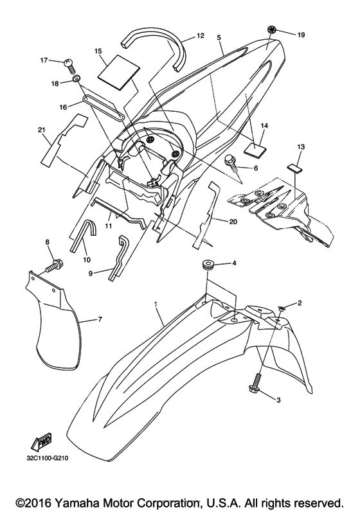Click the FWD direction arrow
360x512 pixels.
[x=41, y=442]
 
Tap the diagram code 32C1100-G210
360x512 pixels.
[x=48, y=458]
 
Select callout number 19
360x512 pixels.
[x=301, y=34]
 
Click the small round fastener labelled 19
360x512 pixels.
[x=271, y=30]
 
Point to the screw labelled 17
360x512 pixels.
[x=70, y=65]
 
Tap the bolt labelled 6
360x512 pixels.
[x=230, y=165]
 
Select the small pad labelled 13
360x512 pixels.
[x=294, y=168]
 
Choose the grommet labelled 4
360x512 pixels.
[x=206, y=264]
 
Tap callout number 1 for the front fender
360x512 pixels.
[x=156, y=303]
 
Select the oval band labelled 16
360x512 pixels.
[x=104, y=108]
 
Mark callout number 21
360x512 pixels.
[x=41, y=130]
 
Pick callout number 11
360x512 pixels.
[x=109, y=225]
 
